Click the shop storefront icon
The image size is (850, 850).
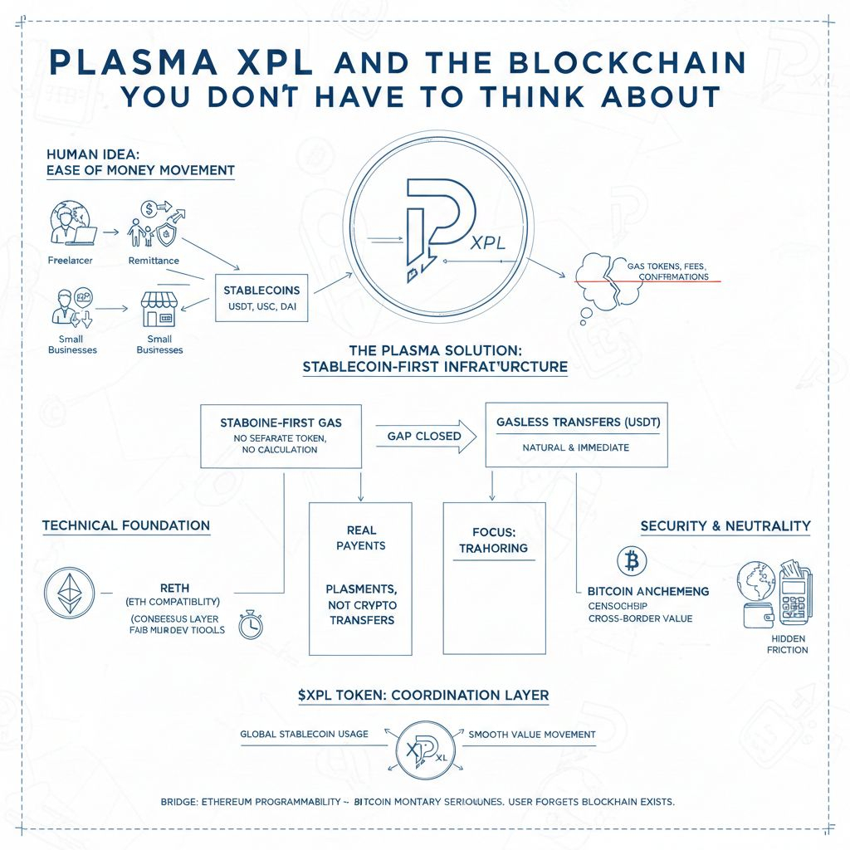click(159, 310)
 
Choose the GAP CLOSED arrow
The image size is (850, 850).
click(423, 435)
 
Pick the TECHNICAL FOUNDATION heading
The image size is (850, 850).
click(125, 525)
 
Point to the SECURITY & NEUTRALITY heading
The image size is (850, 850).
click(725, 526)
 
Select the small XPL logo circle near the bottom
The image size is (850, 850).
click(424, 744)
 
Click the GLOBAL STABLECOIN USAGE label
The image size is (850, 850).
click(304, 735)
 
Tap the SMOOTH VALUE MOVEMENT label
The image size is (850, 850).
click(531, 735)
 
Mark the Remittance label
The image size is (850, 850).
click(154, 261)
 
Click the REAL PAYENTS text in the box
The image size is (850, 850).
click(360, 538)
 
